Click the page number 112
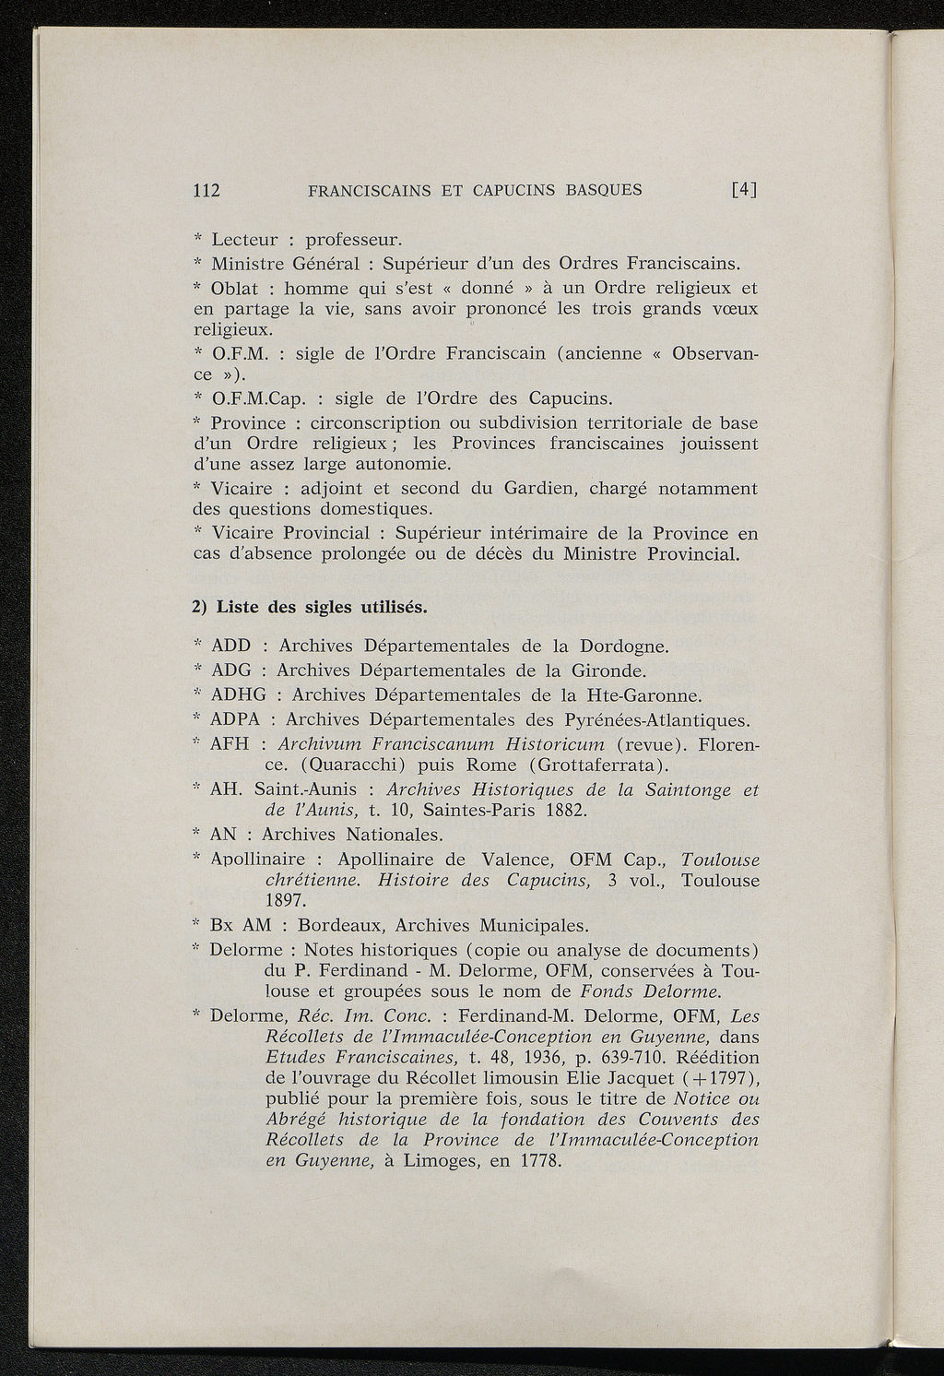point(205,191)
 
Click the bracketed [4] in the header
point(743,191)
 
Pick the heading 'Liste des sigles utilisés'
point(310,607)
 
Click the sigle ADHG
point(239,694)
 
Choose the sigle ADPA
point(240,718)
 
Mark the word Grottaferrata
point(600,765)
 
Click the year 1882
point(561,811)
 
